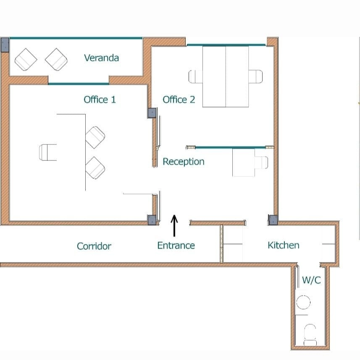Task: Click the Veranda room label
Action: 102,58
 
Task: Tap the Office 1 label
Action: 100,100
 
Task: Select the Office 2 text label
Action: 179,100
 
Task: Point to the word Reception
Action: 184,162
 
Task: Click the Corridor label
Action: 94,246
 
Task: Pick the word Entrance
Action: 176,245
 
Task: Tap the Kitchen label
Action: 284,245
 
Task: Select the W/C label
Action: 311,280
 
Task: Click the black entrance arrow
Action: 174,226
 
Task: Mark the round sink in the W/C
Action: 303,302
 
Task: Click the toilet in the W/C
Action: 310,335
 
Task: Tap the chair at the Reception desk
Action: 261,162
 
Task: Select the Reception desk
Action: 244,163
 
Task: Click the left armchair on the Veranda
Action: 26,60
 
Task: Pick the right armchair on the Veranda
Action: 56,60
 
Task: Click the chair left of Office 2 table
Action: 196,76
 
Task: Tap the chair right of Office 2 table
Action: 255,76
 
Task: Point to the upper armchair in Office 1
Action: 95,137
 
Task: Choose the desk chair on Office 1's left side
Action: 48,152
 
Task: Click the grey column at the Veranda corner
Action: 5,45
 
